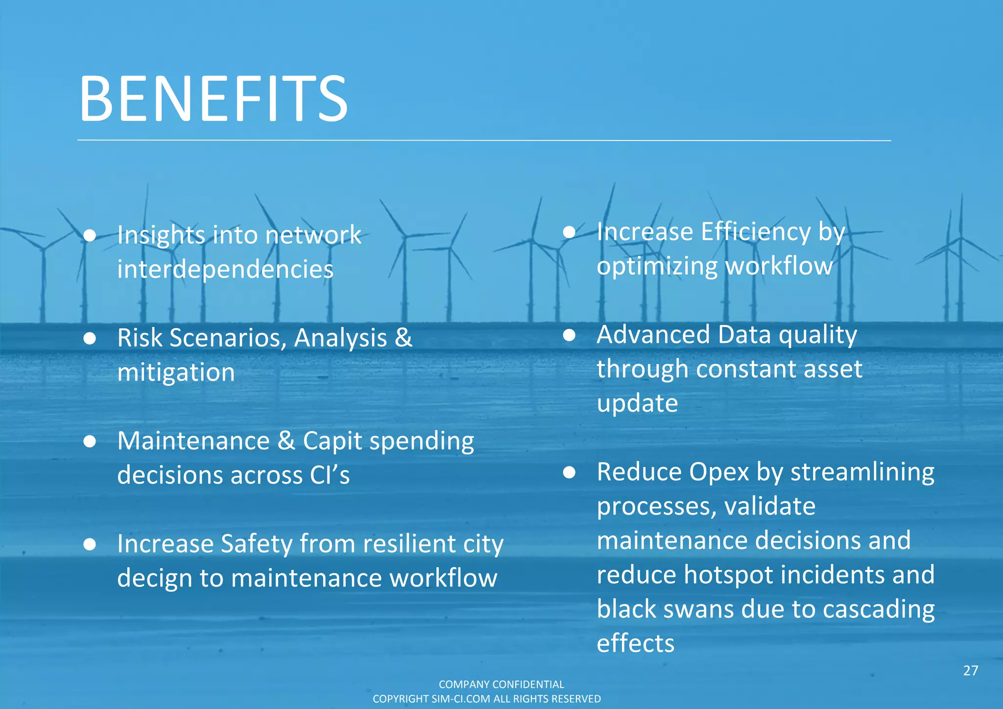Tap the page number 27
click(x=970, y=671)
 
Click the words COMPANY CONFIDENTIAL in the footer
click(x=501, y=684)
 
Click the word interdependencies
click(x=225, y=269)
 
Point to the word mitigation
click(x=176, y=373)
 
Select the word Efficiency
click(x=755, y=232)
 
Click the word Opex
click(x=719, y=473)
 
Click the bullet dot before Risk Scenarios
click(x=90, y=338)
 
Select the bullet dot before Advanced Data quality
click(x=569, y=335)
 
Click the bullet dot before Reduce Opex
click(x=569, y=473)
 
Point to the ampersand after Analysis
click(x=403, y=338)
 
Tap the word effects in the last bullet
click(x=635, y=643)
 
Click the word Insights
click(x=161, y=236)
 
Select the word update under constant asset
click(x=637, y=404)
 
